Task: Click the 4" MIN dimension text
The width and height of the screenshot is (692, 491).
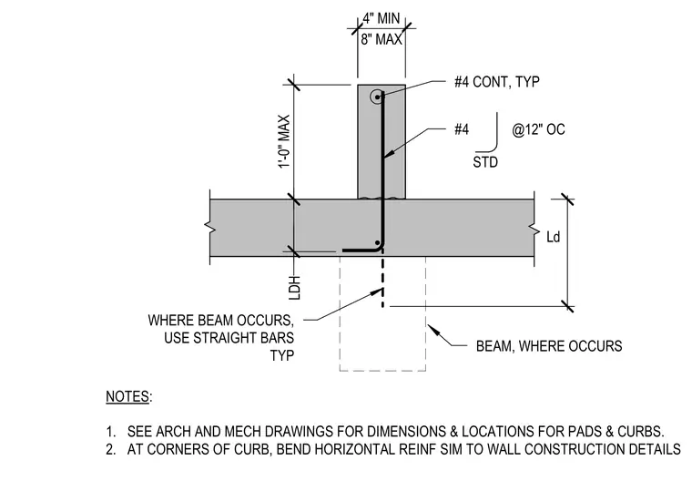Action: coord(382,18)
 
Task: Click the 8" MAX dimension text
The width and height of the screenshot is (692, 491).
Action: coord(382,39)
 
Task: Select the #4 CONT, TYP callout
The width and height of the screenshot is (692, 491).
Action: coord(497,82)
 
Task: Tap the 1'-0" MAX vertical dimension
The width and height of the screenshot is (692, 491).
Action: coord(284,141)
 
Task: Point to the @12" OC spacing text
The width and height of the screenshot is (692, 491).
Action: coord(538,129)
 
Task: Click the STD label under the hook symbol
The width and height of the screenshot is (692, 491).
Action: coord(485,162)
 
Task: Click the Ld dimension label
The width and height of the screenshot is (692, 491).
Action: coord(553,237)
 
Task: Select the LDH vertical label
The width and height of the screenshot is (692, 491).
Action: coord(295,288)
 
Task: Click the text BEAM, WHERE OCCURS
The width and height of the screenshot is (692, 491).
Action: coord(549,346)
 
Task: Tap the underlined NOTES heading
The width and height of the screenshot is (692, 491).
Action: coord(127,396)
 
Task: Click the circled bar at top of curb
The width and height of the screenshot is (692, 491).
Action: coord(377,97)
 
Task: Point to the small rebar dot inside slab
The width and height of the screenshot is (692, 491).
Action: coord(377,243)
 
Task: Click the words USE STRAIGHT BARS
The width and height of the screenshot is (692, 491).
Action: coord(229,338)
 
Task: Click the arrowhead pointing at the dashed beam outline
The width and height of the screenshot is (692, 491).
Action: coord(432,330)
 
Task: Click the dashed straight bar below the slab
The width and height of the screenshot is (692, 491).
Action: coord(382,281)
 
